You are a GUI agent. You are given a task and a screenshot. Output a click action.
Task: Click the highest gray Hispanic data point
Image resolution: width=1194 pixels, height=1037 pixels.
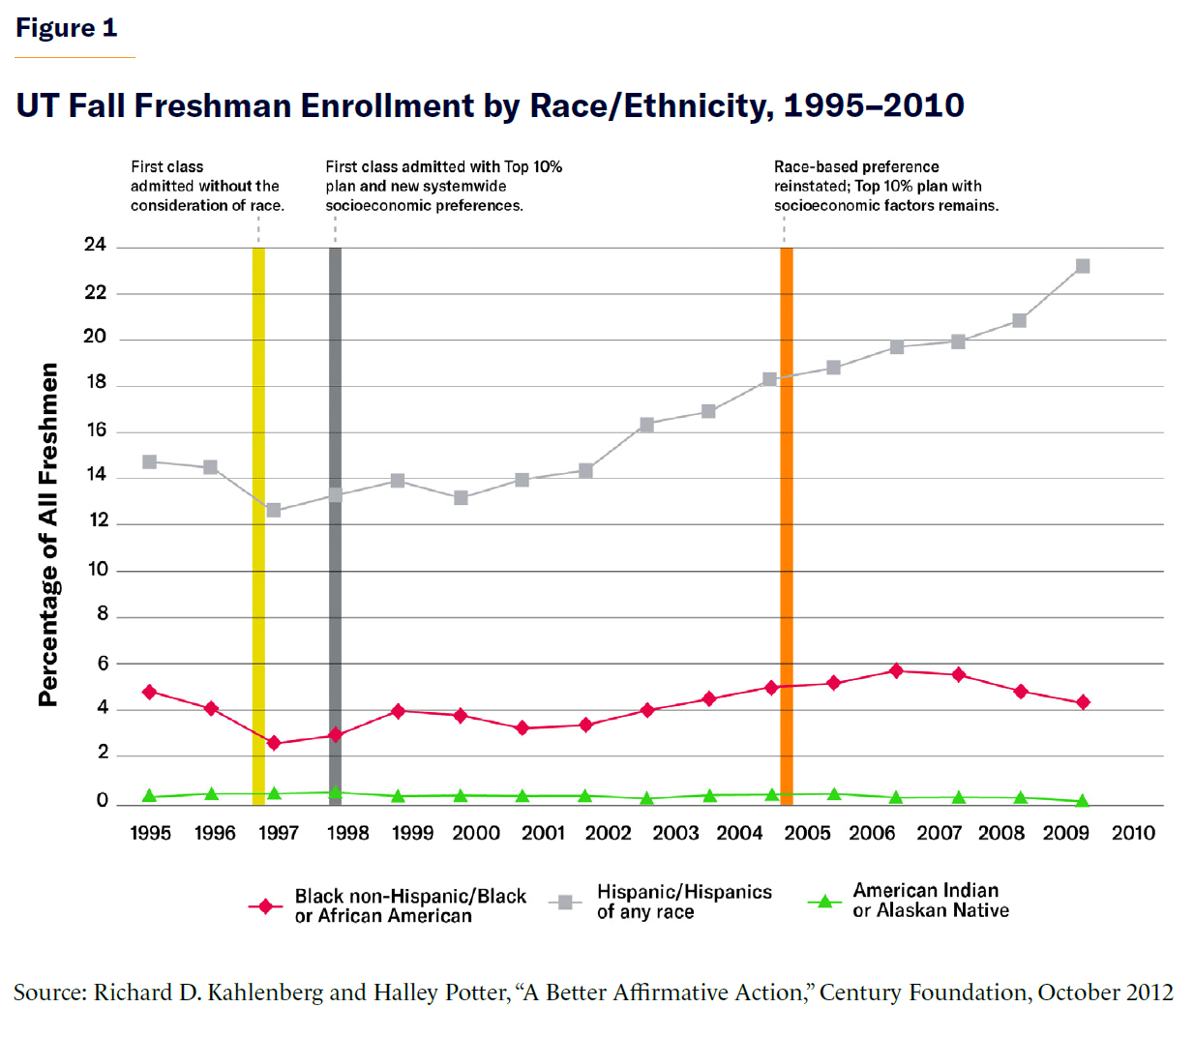pos(1083,266)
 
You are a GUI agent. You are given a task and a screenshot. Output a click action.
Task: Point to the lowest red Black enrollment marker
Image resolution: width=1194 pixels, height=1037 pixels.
pos(274,743)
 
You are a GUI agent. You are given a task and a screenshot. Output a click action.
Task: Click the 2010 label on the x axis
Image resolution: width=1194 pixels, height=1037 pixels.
pos(1133,833)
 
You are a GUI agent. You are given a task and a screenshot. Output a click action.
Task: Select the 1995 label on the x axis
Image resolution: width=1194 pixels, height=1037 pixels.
pos(150,833)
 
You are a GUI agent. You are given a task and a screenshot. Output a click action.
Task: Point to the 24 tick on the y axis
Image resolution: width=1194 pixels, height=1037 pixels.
pos(95,245)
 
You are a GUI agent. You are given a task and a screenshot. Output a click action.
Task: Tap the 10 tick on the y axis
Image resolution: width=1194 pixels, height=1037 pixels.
pos(98,569)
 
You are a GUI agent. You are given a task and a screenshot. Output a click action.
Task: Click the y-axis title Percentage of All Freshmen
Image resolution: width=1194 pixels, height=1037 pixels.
pos(48,534)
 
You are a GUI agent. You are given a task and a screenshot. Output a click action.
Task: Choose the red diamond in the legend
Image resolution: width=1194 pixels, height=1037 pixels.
pos(264,906)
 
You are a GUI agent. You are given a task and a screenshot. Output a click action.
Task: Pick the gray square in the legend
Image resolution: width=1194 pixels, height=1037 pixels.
pos(565,903)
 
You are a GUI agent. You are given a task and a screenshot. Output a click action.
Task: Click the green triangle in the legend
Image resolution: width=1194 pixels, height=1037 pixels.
pos(824,902)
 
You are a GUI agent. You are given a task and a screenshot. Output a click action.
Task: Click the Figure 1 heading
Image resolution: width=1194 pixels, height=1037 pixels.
pos(66,28)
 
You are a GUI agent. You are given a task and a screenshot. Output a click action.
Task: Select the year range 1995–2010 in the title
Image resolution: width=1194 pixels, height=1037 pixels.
pos(874,105)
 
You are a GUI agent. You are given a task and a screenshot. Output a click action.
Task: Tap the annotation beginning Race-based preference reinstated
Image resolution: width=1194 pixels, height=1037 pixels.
pos(885,186)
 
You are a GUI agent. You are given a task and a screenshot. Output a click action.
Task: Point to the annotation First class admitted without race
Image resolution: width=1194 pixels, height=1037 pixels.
pos(207,186)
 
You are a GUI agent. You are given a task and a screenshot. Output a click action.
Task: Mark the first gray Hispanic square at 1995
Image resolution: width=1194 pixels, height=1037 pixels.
pos(150,462)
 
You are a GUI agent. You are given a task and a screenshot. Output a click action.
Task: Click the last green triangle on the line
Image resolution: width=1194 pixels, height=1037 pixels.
pos(1083,801)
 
